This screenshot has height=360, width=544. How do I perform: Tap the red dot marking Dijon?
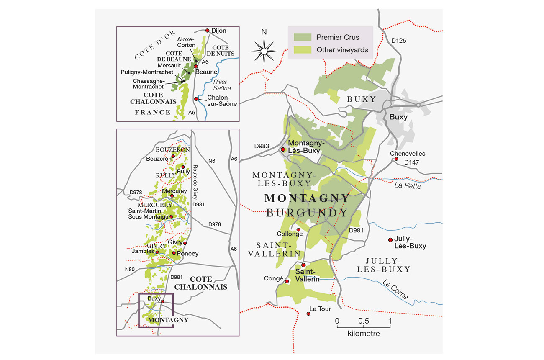point(207,31)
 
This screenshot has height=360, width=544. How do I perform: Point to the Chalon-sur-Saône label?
point(222,101)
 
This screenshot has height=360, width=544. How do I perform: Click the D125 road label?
point(399,41)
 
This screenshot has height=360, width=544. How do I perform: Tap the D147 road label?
point(412,162)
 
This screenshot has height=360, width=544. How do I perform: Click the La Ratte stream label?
point(408,186)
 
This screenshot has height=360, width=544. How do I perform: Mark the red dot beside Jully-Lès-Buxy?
point(390,239)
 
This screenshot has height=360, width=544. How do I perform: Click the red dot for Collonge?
point(298,229)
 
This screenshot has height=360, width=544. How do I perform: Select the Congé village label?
point(274,278)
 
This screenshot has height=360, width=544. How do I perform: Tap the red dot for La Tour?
point(309,314)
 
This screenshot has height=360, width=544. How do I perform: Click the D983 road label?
point(262,146)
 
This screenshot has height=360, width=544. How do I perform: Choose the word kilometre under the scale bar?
point(363,334)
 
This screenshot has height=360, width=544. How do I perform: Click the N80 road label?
point(130,269)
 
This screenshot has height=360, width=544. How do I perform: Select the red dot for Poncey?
point(174,253)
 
